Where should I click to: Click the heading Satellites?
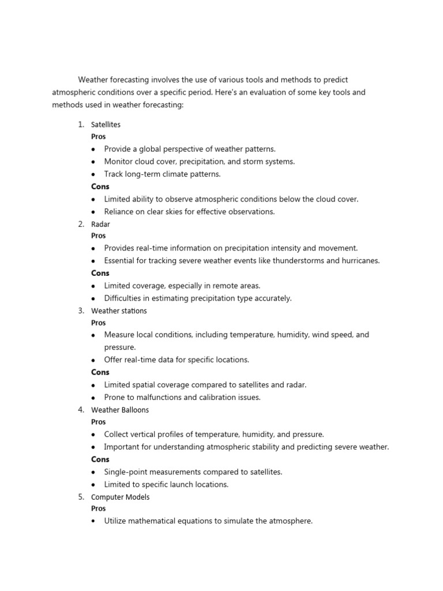coord(106,125)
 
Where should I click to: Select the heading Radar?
coord(100,224)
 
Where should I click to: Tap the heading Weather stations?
coord(119,311)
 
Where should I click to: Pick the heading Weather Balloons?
coord(120,410)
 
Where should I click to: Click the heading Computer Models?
coord(121,497)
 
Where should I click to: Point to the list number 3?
coord(81,311)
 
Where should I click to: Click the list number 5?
coord(81,497)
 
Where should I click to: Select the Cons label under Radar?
coord(100,273)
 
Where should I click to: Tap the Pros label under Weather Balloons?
coord(99,422)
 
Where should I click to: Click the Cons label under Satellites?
coord(100,186)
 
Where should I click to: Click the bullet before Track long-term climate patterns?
coord(93,174)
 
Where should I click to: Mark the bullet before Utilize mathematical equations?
coord(93,521)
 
